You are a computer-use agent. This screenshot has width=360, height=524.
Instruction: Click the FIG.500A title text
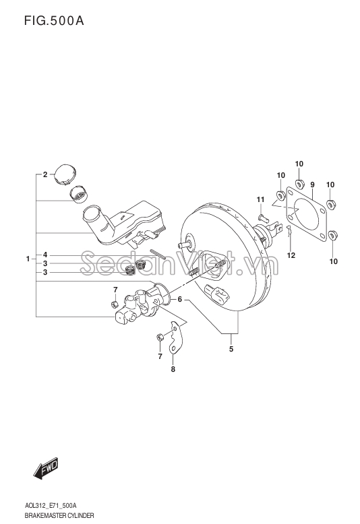tap(54, 21)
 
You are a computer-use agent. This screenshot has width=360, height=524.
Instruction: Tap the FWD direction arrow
tap(46, 467)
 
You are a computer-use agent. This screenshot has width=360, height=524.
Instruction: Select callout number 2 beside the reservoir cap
tap(45, 174)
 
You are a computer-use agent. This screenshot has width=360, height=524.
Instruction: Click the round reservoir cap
tap(65, 174)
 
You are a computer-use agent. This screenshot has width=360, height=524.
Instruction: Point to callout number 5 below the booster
tap(231, 350)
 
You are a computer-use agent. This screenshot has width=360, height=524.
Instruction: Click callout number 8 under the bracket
tap(173, 369)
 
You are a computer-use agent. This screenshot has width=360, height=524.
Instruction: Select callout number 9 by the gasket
tap(312, 185)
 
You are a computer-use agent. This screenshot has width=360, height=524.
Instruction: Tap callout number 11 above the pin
tap(261, 199)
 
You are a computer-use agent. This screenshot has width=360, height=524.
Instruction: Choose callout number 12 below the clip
tap(291, 255)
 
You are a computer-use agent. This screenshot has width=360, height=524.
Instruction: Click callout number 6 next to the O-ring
tap(180, 299)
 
